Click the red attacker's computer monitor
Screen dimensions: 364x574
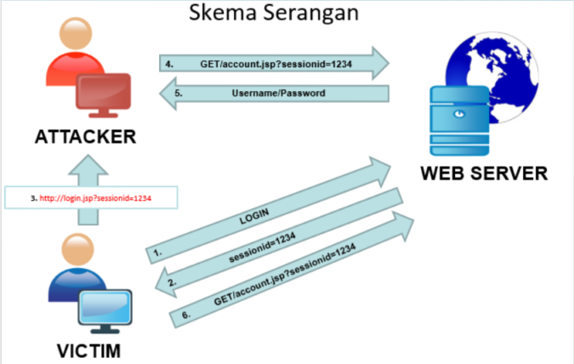tap(105, 92)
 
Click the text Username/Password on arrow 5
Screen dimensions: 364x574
tap(276, 94)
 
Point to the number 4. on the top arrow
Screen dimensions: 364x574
tap(169, 62)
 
